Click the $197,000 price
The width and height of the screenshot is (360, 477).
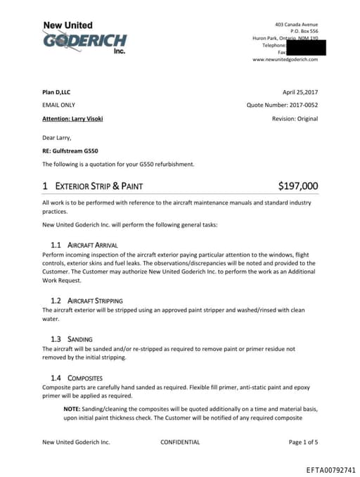coord(298,186)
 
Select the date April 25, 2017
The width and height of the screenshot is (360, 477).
coord(300,92)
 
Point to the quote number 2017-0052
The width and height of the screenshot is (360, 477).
coord(282,106)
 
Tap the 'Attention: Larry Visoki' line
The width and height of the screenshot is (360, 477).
coord(72,118)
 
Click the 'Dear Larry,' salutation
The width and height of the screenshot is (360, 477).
coord(57,138)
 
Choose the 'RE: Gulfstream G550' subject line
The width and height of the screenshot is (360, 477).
coord(71,151)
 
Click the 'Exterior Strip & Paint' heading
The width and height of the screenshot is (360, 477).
coord(93,186)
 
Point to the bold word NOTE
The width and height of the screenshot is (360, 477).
coord(71,408)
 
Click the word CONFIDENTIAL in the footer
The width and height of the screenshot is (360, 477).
coord(180,443)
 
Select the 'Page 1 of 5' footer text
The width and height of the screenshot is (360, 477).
coord(303,443)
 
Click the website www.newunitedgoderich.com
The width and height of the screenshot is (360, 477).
coord(285,60)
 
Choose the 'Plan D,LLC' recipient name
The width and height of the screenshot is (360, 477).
coord(56,92)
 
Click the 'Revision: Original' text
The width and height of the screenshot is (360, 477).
coord(295,118)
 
